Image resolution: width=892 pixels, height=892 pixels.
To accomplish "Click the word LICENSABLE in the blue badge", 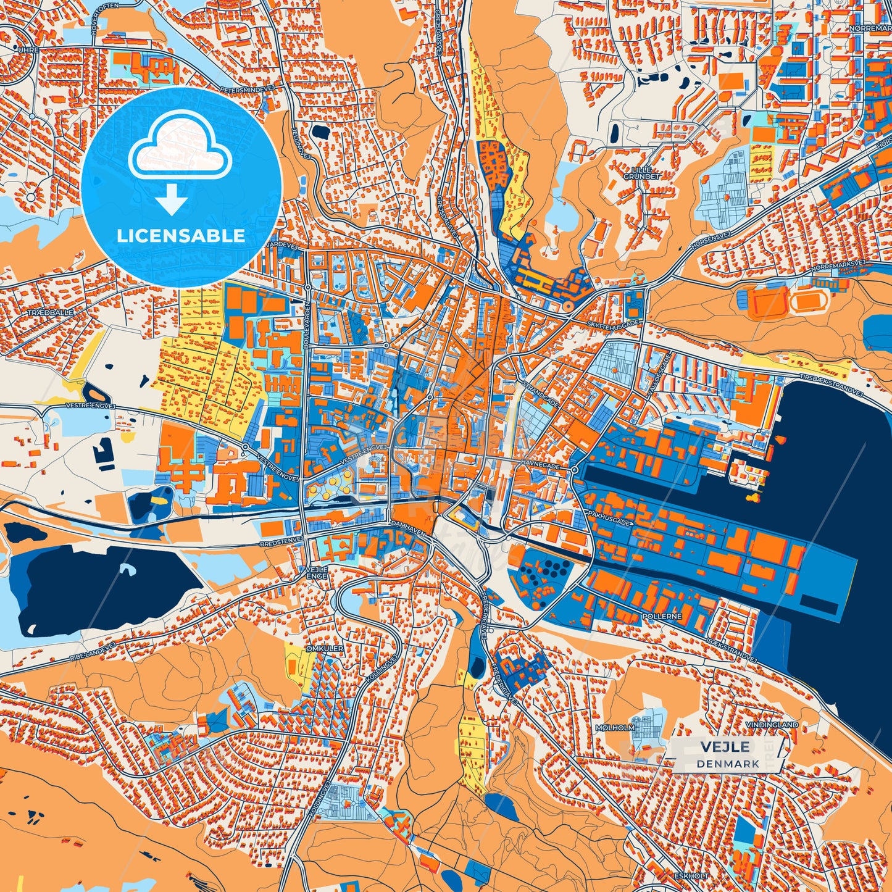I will point(181,236).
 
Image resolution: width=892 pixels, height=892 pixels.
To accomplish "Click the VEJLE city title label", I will point(725,747).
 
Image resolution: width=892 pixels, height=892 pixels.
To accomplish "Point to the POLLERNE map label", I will point(661,616).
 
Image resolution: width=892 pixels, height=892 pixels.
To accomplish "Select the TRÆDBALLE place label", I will point(51,313).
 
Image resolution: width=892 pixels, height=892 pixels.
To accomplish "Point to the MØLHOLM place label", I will point(615,728).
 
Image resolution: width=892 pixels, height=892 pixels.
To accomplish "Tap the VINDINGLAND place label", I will point(772,725).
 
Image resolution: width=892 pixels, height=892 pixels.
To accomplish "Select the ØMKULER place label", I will point(324,649).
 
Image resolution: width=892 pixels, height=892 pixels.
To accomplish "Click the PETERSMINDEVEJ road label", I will point(248,90).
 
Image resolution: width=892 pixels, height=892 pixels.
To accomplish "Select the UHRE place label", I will point(28,49).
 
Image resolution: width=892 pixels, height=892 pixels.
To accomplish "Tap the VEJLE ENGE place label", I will point(317,572).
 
